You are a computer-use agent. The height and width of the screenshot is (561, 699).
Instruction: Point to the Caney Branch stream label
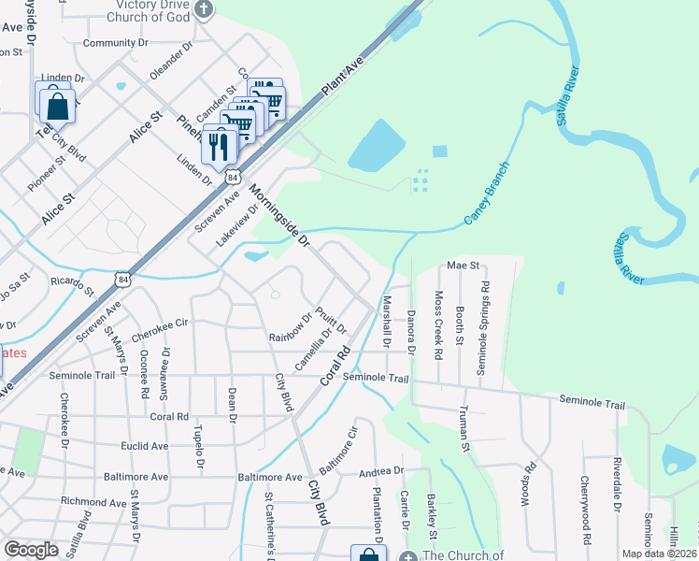[x=488, y=193]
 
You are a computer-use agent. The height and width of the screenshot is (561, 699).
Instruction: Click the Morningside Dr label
[x=279, y=215]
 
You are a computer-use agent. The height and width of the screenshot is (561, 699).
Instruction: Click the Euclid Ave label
[x=143, y=446]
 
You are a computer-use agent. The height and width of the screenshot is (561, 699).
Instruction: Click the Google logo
[x=31, y=549]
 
